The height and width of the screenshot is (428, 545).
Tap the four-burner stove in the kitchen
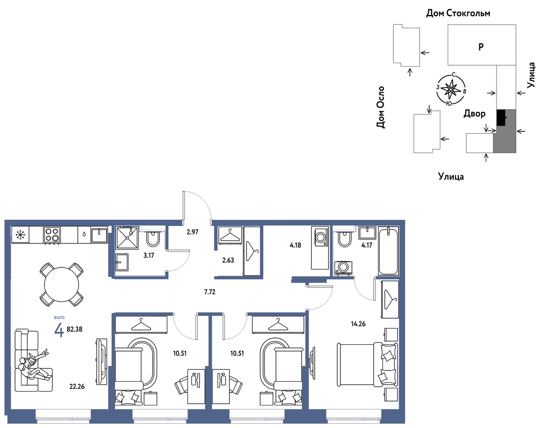52,235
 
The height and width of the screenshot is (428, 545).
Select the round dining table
61,284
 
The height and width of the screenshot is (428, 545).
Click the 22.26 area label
77,386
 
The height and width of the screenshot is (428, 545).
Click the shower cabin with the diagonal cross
127,238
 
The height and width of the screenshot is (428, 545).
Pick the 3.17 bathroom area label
149,255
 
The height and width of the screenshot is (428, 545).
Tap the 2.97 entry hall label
192,232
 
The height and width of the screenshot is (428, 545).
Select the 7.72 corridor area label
210,292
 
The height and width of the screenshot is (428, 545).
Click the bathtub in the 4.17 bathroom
388,251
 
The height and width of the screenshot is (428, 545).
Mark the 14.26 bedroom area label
358,324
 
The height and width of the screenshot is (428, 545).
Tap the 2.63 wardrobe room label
228,260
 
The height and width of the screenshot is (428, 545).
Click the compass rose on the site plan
451,90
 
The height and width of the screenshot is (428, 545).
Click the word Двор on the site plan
474,113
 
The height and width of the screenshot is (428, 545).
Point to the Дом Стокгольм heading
458,13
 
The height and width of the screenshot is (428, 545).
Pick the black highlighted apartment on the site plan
501,117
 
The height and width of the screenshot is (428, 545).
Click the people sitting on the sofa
34,366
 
